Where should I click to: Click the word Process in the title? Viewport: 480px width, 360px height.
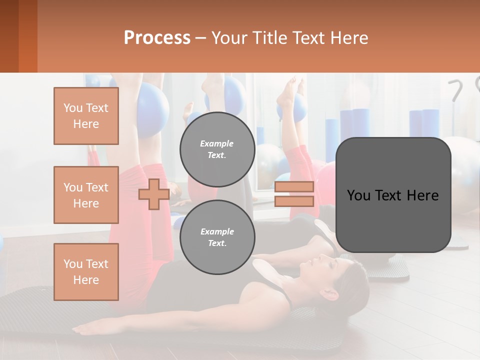pyautogui.click(x=157, y=38)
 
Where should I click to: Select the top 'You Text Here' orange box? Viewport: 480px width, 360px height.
pyautogui.click(x=86, y=116)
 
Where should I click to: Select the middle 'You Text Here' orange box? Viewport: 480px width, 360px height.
pyautogui.click(x=86, y=195)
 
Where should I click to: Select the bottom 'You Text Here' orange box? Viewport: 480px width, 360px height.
pyautogui.click(x=86, y=272)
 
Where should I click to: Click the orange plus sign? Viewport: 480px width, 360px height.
pyautogui.click(x=153, y=194)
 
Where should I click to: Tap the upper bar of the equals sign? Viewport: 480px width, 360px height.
pyautogui.click(x=294, y=186)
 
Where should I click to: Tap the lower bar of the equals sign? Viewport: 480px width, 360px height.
pyautogui.click(x=294, y=201)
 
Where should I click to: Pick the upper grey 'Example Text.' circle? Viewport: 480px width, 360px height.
pyautogui.click(x=217, y=149)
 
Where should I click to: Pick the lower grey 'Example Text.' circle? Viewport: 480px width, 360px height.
pyautogui.click(x=217, y=237)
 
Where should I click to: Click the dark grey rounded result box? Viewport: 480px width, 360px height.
pyautogui.click(x=393, y=195)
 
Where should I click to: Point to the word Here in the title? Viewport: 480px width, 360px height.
pyautogui.click(x=350, y=38)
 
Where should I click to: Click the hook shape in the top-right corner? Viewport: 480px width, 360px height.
pyautogui.click(x=456, y=90)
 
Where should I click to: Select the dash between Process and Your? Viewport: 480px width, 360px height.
pyautogui.click(x=201, y=38)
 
